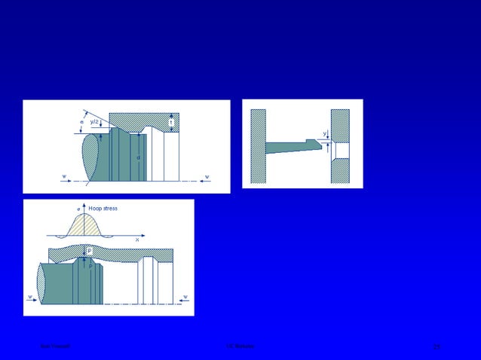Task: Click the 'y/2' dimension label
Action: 94,121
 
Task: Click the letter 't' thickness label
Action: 172,122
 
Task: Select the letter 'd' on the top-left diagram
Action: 138,157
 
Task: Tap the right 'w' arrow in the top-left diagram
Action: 205,178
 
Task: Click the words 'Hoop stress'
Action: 103,208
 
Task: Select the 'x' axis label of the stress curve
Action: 136,239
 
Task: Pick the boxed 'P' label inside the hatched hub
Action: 90,250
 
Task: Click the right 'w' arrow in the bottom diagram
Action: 183,297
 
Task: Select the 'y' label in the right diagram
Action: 325,133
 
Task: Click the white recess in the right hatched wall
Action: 342,150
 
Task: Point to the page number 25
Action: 437,346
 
